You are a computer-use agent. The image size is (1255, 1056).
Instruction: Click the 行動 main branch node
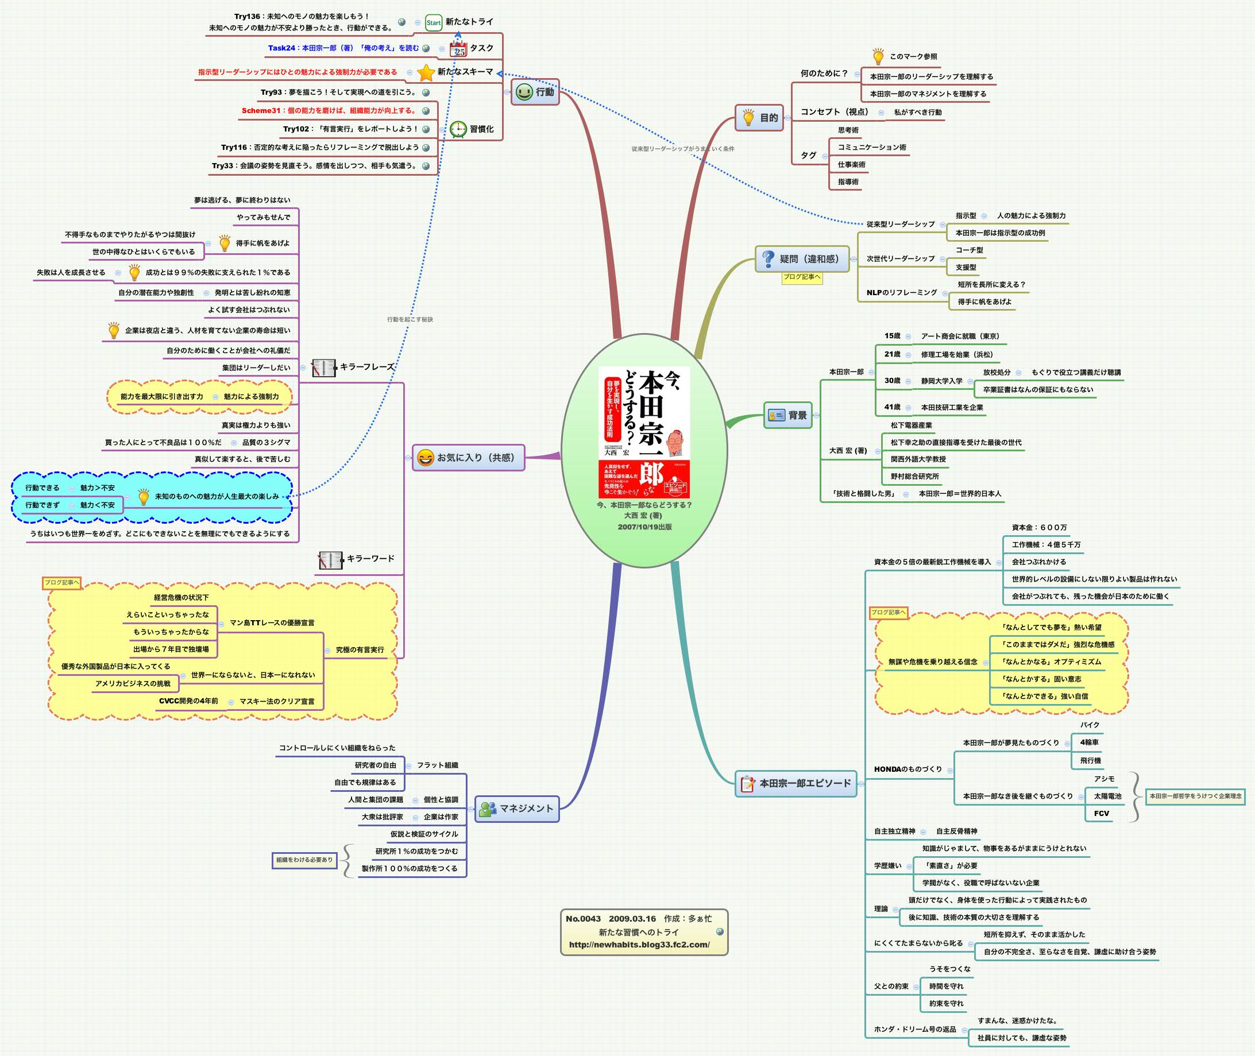coord(535,92)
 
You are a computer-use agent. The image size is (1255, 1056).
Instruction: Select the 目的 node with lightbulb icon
coord(759,118)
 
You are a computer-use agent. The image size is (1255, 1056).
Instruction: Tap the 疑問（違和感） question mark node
coord(802,259)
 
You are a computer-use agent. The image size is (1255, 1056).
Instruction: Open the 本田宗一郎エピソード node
coord(796,783)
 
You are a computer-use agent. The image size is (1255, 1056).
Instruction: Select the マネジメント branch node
coord(517,809)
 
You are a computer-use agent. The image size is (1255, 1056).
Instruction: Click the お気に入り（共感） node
coord(468,458)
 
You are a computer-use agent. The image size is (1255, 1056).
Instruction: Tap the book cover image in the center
coord(644,432)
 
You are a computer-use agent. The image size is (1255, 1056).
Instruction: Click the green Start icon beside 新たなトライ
coord(433,23)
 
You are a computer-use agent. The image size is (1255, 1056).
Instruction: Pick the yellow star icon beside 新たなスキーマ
coord(426,72)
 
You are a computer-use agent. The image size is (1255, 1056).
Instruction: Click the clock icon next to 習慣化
coord(458,129)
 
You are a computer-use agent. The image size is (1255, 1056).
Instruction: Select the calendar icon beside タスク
coord(458,49)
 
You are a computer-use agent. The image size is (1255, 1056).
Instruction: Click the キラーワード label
coord(370,559)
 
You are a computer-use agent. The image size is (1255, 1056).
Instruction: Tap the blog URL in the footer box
coord(639,945)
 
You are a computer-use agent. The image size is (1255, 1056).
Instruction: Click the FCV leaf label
coord(1101,814)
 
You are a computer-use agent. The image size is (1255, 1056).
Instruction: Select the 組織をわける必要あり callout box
coord(304,860)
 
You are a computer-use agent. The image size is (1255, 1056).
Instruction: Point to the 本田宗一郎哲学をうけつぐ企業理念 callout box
coord(1195,796)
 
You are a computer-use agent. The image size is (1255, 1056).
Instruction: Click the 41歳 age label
coord(892,407)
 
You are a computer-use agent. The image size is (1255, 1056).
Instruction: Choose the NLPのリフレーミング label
coord(901,293)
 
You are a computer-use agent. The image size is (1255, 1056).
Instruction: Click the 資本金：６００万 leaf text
coord(1039,527)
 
